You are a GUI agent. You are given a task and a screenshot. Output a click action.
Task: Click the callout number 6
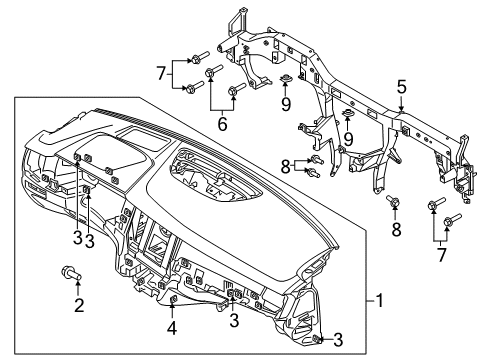coord(221,125)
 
